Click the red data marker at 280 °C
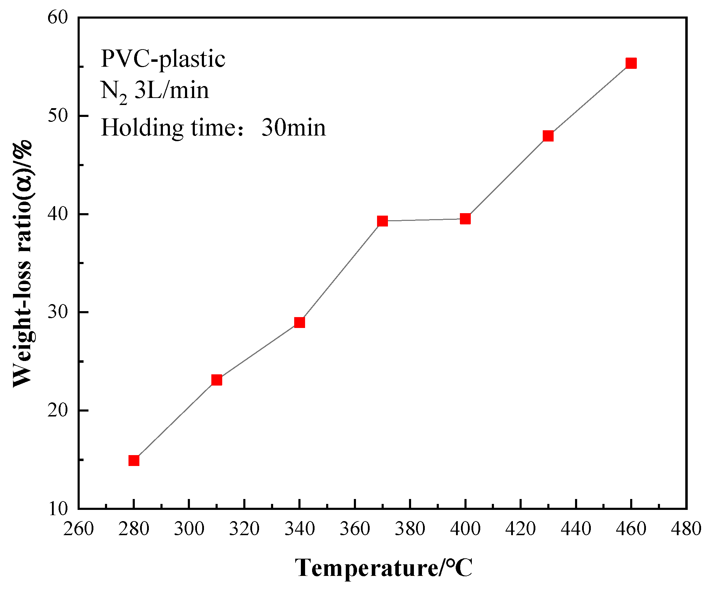134,460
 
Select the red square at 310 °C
217,380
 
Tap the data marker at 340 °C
299,322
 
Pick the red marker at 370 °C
382,221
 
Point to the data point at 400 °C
465,219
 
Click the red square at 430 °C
548,136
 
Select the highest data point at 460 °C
631,63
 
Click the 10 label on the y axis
58,508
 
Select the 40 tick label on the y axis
58,214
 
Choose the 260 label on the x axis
78,528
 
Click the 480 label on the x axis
686,528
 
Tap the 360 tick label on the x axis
355,528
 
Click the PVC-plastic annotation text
163,59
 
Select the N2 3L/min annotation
154,91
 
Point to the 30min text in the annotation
293,128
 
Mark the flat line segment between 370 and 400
424,220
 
